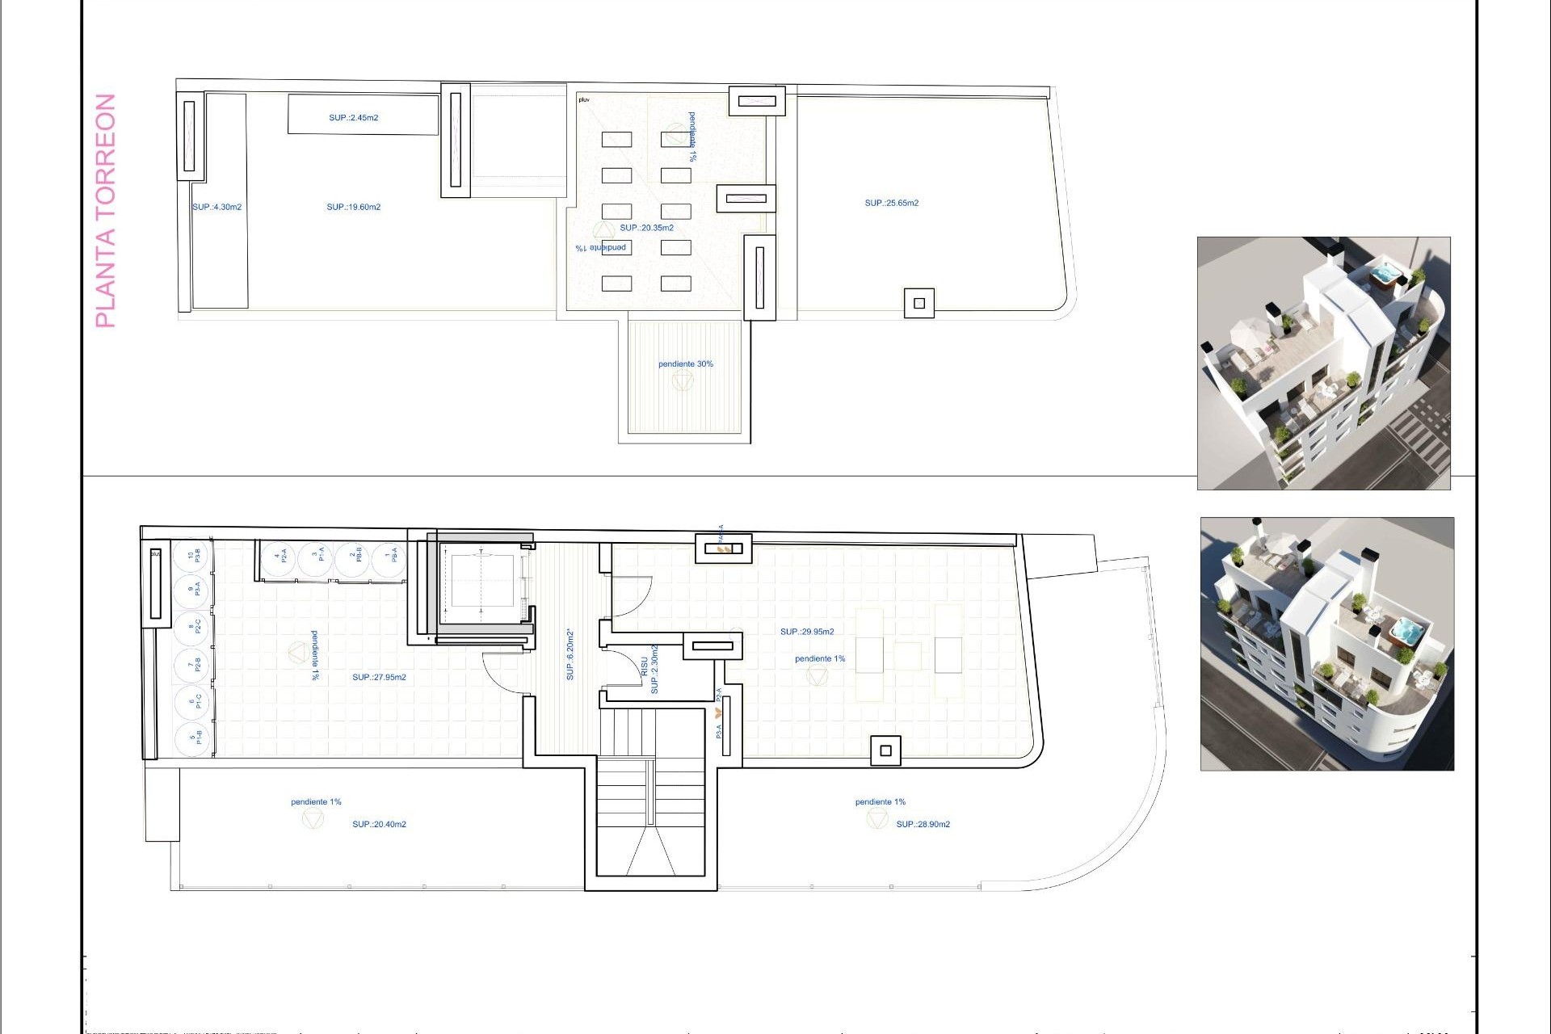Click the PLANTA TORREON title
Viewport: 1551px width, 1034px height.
coord(106,211)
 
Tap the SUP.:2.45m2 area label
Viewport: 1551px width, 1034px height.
coord(354,118)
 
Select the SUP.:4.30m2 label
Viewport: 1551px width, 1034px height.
coord(216,208)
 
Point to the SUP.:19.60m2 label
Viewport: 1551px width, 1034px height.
coord(354,208)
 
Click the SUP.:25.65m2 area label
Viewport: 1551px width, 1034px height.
coord(892,204)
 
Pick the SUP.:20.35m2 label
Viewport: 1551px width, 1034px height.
coord(646,228)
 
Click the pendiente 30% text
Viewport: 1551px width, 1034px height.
coord(686,364)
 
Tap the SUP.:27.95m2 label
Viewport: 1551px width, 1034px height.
coord(379,678)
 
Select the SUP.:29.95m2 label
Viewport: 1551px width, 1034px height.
coord(807,632)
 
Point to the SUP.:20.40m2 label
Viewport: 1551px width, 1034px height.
coord(379,825)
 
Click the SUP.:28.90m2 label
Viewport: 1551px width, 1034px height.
coord(923,825)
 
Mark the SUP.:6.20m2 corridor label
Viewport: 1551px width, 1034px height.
coord(570,654)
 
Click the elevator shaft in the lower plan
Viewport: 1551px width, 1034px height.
coord(481,581)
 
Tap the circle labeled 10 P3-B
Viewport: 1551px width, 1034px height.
coord(192,556)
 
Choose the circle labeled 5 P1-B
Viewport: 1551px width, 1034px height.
coord(192,738)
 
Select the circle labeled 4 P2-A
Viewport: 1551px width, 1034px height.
coord(280,557)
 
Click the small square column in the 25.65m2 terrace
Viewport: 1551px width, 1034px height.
coord(919,304)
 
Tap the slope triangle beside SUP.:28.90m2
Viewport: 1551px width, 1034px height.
coord(877,820)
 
